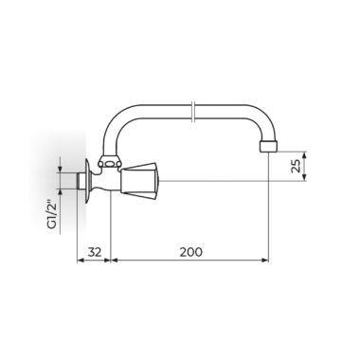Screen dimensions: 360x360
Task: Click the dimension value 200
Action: (x=190, y=252)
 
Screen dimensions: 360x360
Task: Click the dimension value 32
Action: (x=95, y=252)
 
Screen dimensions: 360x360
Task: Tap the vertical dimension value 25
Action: (x=296, y=166)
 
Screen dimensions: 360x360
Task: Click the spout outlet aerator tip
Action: (x=269, y=147)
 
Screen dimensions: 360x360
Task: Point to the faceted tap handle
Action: (x=139, y=181)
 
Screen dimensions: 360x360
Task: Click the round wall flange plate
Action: (x=88, y=181)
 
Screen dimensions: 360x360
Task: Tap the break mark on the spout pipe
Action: (x=194, y=112)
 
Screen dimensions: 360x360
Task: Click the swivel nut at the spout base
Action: (x=109, y=162)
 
